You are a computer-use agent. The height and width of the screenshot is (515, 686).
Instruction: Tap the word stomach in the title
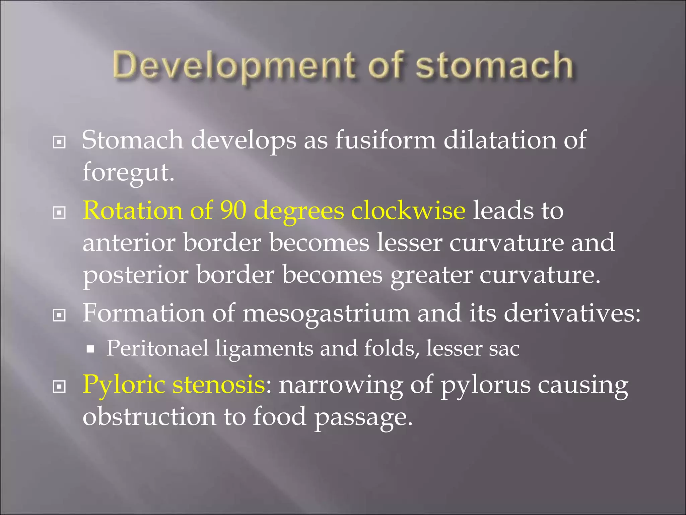(494, 65)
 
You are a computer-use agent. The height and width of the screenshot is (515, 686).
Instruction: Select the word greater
(431, 275)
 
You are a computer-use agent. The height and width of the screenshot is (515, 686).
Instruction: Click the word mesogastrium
(326, 313)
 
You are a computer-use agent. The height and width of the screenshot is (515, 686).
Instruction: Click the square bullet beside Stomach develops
(59, 142)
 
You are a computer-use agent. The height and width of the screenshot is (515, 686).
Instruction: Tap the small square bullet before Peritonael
(90, 350)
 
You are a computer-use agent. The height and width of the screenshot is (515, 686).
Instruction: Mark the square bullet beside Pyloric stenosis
(59, 387)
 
